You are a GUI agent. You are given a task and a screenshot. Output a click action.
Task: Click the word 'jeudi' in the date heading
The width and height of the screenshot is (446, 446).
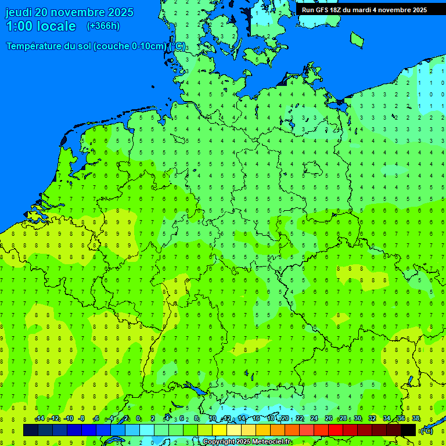[19, 12]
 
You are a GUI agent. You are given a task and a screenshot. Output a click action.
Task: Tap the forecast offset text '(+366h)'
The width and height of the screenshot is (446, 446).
[103, 26]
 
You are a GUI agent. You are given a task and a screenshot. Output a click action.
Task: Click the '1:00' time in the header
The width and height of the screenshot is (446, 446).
[19, 26]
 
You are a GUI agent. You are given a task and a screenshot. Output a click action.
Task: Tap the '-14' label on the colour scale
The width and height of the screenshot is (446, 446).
[39, 419]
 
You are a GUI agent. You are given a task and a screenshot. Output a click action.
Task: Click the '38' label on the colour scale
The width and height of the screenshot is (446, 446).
[416, 419]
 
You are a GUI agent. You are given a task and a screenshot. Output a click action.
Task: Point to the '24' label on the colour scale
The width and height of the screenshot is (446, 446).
[314, 419]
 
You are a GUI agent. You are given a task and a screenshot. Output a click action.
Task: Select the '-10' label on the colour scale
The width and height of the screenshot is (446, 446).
[68, 419]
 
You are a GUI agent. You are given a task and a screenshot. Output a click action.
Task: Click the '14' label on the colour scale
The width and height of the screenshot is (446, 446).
[242, 419]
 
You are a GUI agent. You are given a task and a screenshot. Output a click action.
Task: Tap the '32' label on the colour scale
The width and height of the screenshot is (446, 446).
[372, 419]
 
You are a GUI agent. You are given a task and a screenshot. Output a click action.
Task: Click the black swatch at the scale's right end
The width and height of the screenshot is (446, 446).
[408, 430]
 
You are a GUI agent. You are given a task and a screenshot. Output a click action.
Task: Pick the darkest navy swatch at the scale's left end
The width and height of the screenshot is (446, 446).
[31, 430]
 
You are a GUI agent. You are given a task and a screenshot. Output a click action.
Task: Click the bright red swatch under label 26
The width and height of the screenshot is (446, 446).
[336, 430]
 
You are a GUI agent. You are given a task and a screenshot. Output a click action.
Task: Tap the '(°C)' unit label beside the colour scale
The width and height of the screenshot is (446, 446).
[426, 430]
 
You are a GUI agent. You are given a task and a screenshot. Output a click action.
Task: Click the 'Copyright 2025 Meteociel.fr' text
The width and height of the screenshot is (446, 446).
[247, 442]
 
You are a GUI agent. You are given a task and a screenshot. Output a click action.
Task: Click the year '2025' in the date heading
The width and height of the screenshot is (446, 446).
[118, 12]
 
